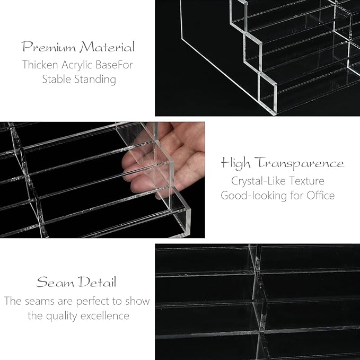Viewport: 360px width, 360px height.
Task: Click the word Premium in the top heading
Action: (x=49, y=47)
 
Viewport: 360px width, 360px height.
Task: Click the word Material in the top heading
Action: (x=107, y=47)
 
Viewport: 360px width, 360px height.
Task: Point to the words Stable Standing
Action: (x=79, y=80)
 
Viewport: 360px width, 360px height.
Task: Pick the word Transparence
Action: (x=300, y=163)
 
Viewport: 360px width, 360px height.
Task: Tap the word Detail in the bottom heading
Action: (x=96, y=282)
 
